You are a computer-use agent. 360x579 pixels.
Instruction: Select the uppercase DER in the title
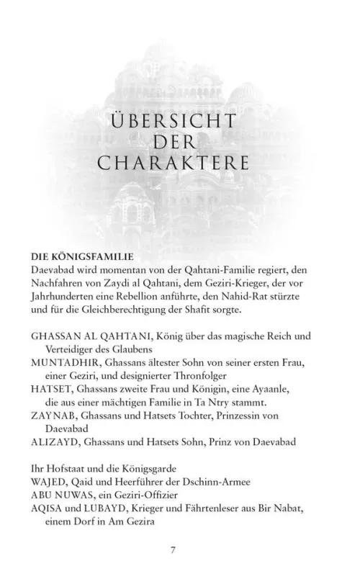pyautogui.click(x=172, y=140)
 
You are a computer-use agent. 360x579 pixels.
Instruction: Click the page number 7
pyautogui.click(x=173, y=550)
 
